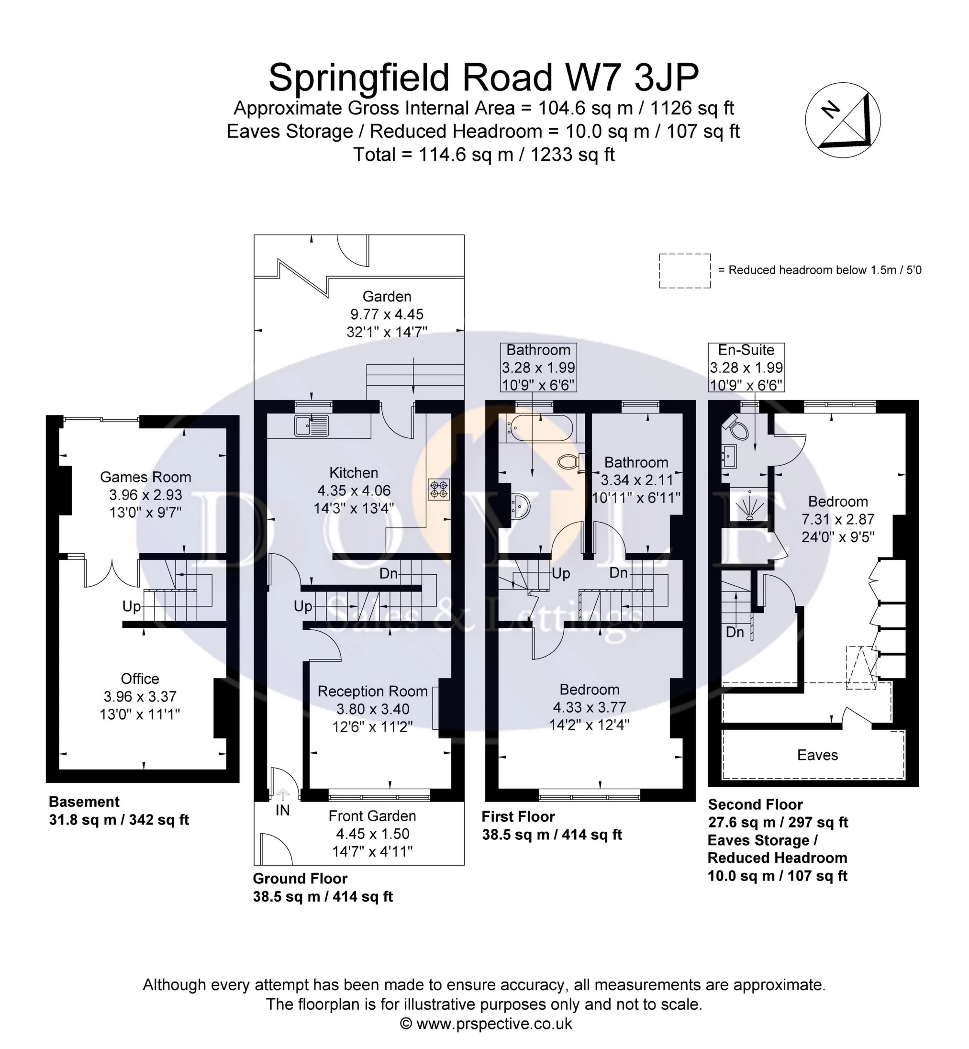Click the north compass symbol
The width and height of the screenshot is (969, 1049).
[x=843, y=120]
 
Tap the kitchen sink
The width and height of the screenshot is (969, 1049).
[x=312, y=425]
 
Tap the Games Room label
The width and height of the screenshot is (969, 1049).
[x=145, y=477]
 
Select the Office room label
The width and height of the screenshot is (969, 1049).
[x=140, y=679]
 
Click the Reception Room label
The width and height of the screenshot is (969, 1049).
[x=372, y=692]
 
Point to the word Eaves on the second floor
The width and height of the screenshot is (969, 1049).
[x=817, y=755]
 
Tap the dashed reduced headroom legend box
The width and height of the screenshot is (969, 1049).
[x=685, y=271]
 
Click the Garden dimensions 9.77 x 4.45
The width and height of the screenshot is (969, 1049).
[x=387, y=314]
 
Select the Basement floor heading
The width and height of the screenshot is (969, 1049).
[x=84, y=802]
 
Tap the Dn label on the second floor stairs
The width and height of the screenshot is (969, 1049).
[x=735, y=633]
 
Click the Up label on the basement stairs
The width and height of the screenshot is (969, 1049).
[x=131, y=606]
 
